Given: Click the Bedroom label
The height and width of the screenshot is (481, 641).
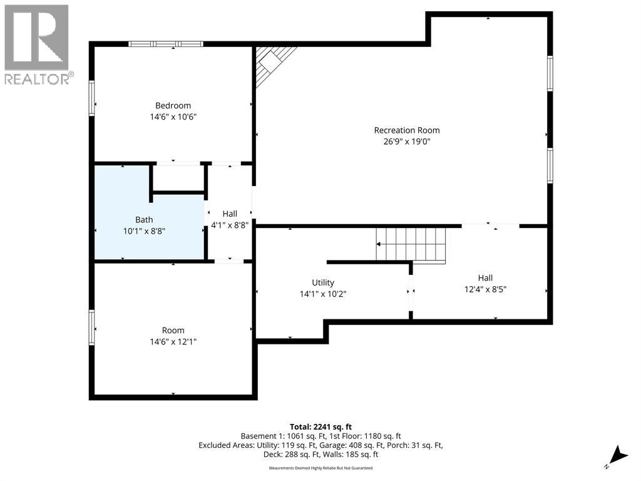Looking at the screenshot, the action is tap(173, 105).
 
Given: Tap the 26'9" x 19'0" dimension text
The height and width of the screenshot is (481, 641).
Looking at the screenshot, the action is tap(407, 142).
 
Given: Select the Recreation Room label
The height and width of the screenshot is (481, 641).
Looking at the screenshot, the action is tap(407, 130).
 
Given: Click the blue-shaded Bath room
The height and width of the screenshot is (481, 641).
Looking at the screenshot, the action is tap(123, 229).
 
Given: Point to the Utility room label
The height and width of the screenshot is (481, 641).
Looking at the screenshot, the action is tap(323, 282).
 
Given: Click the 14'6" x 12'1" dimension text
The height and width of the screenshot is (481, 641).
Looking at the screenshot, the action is tap(173, 341).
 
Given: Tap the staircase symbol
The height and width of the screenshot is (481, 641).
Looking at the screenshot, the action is tap(411, 246).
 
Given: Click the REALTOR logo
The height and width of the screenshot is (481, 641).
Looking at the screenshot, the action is tap(37, 44).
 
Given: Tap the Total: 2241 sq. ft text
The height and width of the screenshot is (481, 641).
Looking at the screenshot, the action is tap(320, 427).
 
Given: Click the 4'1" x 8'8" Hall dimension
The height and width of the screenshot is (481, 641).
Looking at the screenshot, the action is tap(230, 225).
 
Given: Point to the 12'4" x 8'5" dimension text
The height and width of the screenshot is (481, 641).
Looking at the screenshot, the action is tap(485, 289).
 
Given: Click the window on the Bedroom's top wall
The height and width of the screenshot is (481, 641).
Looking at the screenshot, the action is tap(165, 44).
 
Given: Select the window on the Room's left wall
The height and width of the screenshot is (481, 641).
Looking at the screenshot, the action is tap(91, 328).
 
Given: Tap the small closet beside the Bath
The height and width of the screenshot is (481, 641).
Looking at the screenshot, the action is tap(178, 177).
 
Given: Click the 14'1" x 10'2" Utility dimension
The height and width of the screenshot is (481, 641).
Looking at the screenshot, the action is tap(323, 294).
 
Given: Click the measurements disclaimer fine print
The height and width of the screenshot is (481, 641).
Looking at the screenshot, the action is tap(320, 468).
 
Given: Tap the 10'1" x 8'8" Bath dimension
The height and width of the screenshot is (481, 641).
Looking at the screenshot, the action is tap(144, 232).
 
